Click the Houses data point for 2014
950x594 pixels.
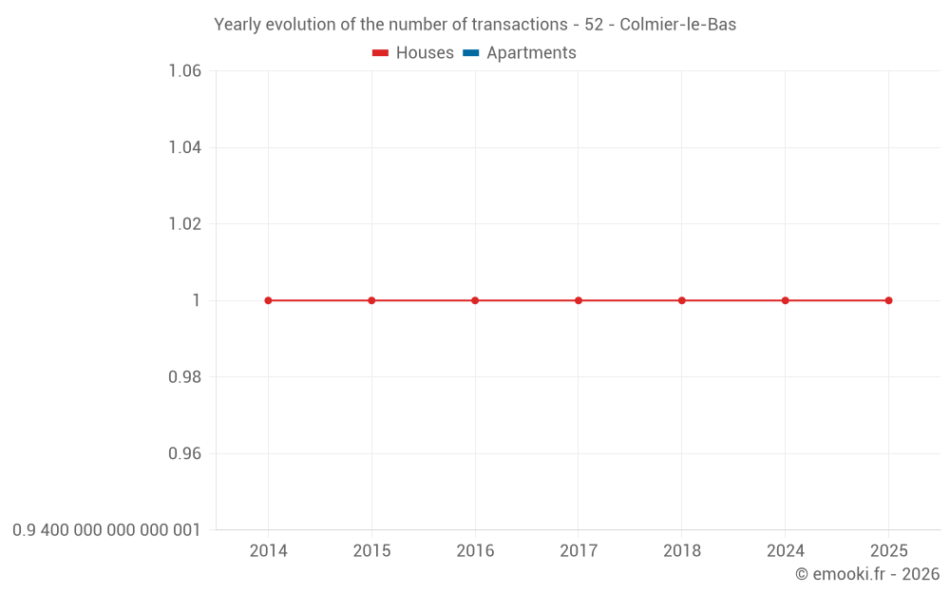[268, 300]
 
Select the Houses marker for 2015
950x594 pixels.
[371, 300]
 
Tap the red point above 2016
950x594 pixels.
[475, 300]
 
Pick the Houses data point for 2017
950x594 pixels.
[579, 300]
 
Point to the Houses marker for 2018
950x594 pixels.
[682, 300]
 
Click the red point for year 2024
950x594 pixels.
[786, 300]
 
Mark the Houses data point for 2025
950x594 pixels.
[888, 300]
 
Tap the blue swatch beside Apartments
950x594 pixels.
[470, 53]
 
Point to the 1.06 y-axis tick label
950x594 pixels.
[184, 71]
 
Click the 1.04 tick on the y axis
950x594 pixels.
[184, 147]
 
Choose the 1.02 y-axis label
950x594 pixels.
[184, 224]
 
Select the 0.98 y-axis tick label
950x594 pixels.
[184, 377]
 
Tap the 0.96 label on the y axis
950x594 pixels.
[184, 453]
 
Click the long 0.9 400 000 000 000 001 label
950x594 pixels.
[106, 530]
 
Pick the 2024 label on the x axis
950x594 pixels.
[786, 551]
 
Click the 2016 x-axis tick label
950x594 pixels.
[475, 551]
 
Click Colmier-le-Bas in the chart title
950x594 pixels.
[677, 25]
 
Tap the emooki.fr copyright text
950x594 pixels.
[867, 574]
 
